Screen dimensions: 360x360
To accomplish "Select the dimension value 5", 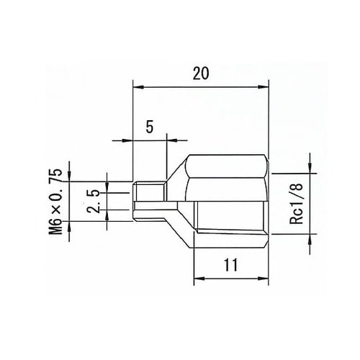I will click(x=150, y=126).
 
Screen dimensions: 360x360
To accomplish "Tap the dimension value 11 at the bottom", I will click(x=231, y=264).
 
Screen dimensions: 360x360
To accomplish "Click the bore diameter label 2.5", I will click(x=91, y=199).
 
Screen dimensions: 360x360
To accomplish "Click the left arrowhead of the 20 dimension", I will click(x=138, y=87).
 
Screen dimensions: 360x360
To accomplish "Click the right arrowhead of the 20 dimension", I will click(x=265, y=87).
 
